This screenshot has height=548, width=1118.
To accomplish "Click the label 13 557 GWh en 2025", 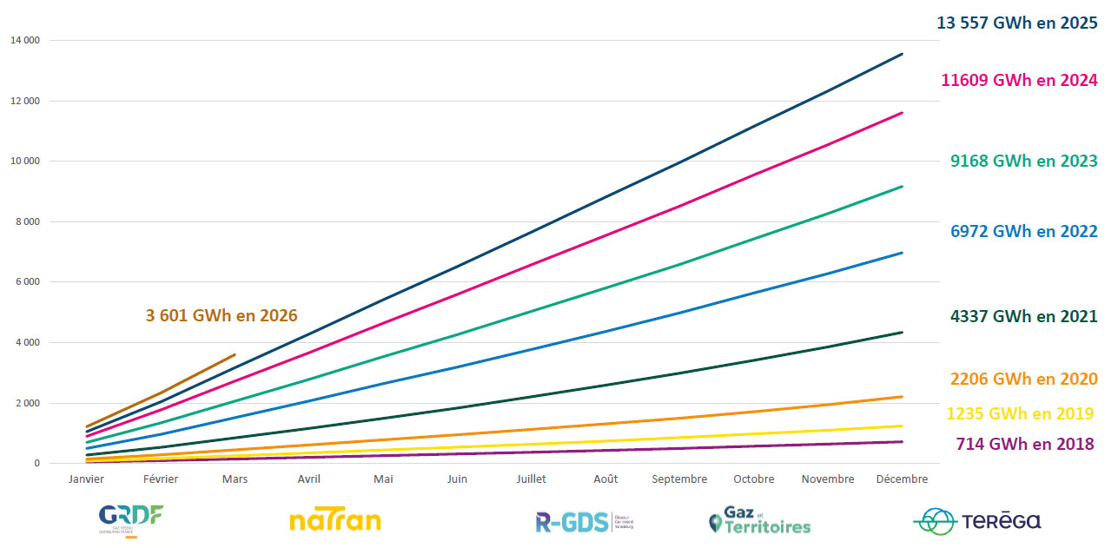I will [x=1016, y=23].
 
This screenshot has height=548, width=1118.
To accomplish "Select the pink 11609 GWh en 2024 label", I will [x=1019, y=80].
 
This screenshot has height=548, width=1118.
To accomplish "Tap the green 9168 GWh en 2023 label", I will [x=1024, y=161].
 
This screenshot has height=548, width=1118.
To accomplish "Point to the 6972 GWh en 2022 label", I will [x=1024, y=231].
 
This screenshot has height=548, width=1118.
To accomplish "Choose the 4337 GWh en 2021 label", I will [x=1024, y=317].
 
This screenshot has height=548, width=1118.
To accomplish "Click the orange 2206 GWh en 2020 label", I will [x=1024, y=379].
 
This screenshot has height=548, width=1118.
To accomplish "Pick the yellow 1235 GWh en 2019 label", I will [x=1020, y=413].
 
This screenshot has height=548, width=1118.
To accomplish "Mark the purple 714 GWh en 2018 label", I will [x=1025, y=444].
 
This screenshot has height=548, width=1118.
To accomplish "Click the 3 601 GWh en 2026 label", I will [x=222, y=315].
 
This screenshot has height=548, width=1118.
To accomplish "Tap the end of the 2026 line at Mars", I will [x=235, y=354].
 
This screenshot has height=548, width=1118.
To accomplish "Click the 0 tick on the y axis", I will [x=36, y=464].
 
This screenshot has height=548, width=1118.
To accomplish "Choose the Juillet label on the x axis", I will [x=531, y=479].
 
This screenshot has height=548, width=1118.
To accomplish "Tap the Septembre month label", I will [x=679, y=479].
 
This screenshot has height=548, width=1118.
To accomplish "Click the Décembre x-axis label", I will [x=902, y=479].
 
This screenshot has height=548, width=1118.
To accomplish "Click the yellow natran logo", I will [x=334, y=521].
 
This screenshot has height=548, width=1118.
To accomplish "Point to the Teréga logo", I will [x=977, y=521].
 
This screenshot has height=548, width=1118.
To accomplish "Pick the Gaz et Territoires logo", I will [x=760, y=521].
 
